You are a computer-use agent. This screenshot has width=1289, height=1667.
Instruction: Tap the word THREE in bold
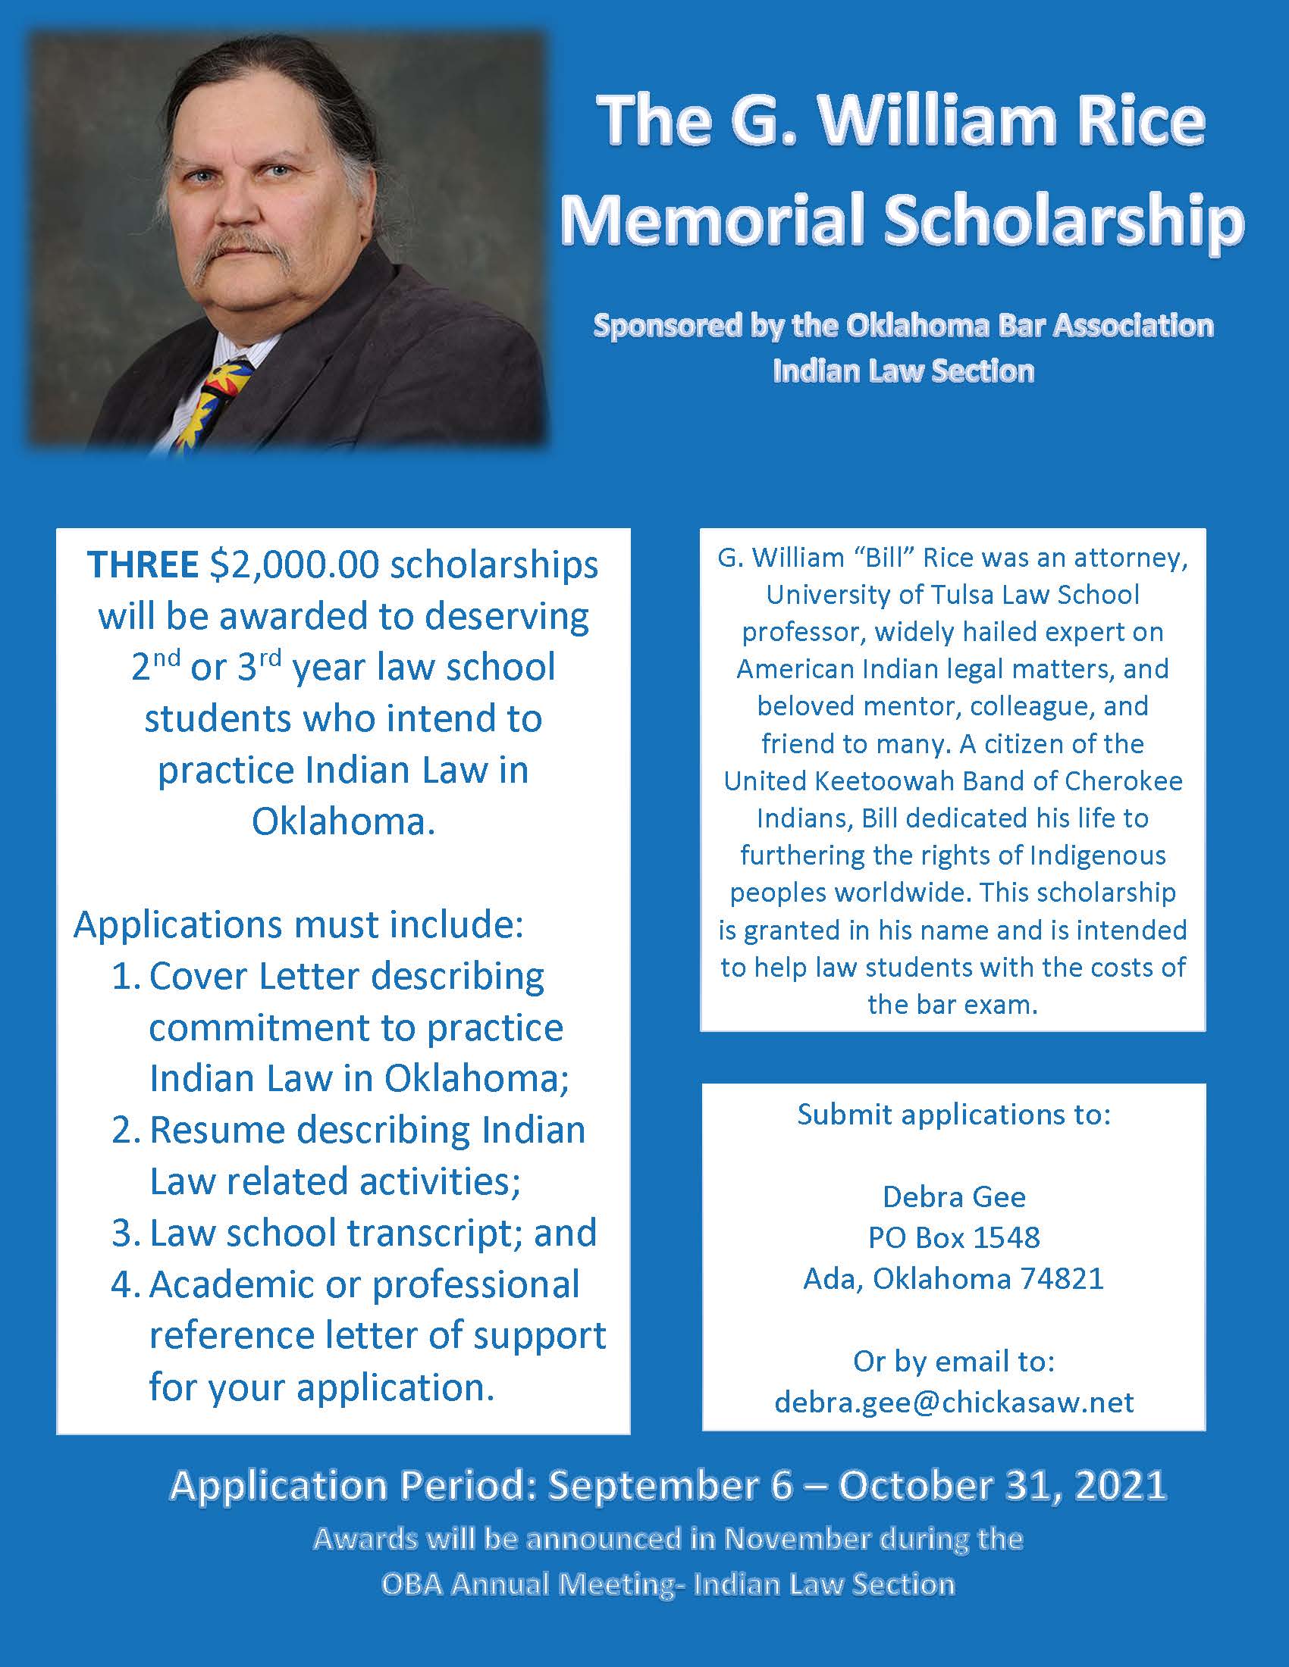143,565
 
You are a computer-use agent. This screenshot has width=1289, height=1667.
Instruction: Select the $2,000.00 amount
294,565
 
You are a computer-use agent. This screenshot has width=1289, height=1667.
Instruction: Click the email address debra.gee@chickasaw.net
954,1401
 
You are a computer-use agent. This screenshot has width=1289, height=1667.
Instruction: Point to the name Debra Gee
954,1196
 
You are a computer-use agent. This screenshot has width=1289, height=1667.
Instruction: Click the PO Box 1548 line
954,1237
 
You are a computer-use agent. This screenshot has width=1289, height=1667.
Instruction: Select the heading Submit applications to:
954,1115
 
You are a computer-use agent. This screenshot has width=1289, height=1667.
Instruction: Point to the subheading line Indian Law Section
903,371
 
